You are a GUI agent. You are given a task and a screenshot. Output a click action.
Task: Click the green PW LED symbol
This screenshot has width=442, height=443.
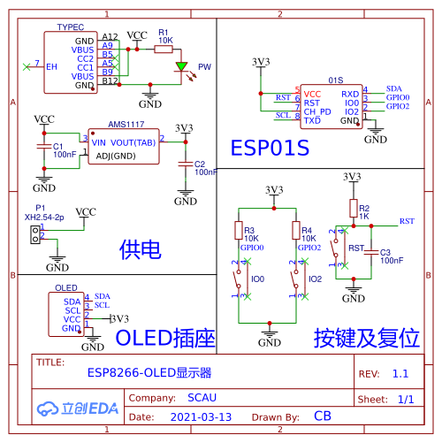pyautogui.click(x=182, y=66)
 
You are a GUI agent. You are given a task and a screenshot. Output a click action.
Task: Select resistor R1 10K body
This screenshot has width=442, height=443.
pyautogui.click(x=164, y=50)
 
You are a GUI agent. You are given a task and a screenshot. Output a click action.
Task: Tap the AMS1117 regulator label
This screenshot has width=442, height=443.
pyautogui.click(x=126, y=126)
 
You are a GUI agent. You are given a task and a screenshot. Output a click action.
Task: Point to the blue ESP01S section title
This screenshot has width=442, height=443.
pyautogui.click(x=270, y=148)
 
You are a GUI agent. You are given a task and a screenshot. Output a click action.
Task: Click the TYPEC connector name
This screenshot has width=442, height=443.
pyautogui.click(x=70, y=27)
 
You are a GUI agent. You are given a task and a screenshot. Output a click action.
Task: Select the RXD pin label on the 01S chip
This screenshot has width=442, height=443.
pyautogui.click(x=350, y=94)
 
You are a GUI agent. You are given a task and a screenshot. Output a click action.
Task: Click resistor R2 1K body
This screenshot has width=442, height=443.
pyautogui.click(x=353, y=209)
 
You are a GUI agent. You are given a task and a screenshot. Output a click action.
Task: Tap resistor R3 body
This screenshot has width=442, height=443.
pyautogui.click(x=238, y=231)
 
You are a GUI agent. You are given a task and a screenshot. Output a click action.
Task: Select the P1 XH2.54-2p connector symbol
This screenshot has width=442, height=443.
pyautogui.click(x=34, y=233)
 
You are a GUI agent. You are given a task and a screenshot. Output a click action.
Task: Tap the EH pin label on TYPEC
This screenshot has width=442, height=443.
pyautogui.click(x=51, y=66)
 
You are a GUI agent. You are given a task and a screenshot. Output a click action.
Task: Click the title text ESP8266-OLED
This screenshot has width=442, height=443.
pyautogui.click(x=149, y=373)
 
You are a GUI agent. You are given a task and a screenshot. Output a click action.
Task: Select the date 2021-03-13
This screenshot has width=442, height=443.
pyautogui.click(x=201, y=416)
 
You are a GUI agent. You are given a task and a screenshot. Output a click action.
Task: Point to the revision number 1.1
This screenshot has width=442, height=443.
pyautogui.click(x=400, y=374)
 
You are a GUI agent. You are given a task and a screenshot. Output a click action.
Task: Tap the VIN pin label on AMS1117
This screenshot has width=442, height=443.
pyautogui.click(x=98, y=141)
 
